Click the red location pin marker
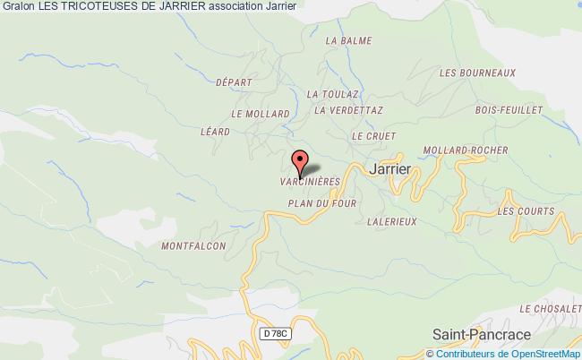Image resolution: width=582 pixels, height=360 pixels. tap(300, 162)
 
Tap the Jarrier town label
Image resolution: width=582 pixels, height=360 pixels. tap(389, 167)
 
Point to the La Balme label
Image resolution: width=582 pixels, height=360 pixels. tap(348, 41)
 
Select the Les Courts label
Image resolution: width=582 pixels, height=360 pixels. tap(519, 211)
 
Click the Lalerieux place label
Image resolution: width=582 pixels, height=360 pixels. tap(391, 222)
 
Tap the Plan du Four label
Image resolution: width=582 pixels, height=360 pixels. tap(322, 203)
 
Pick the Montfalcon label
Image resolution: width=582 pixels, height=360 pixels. tap(194, 244)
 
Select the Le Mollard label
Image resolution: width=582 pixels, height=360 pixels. tap(260, 114)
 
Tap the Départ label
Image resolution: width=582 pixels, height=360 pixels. tap(234, 81)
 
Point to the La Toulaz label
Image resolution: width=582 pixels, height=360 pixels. tap(333, 93)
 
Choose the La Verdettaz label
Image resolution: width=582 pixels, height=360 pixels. tap(349, 112)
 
